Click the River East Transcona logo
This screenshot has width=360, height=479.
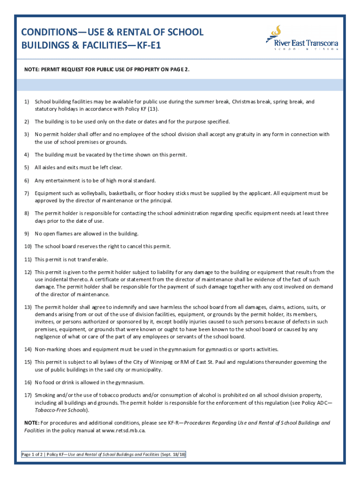[x=302, y=38]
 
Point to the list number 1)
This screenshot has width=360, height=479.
[x=27, y=102]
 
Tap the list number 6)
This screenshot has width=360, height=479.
[x=27, y=181]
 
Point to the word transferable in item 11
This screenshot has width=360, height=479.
[x=92, y=259]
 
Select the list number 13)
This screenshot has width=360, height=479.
[x=28, y=307]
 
